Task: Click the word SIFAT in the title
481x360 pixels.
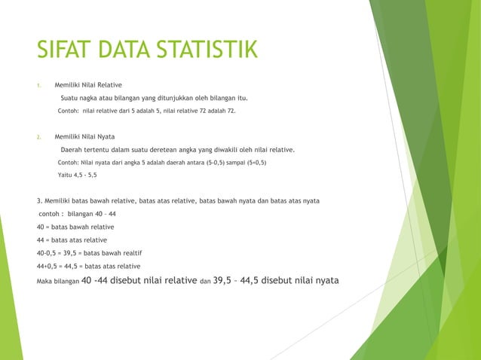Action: tap(63, 50)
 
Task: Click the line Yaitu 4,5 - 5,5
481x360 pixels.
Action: tap(77, 175)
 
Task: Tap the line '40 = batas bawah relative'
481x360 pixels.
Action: tap(75, 226)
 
